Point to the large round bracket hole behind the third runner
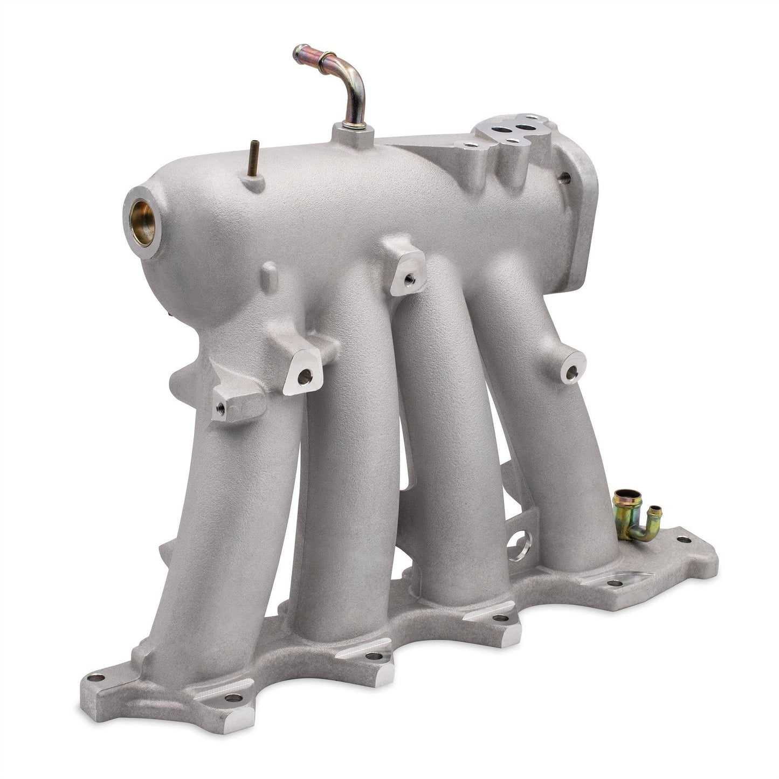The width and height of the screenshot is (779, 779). coord(520,540)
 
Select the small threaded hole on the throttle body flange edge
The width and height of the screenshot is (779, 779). coord(564,175)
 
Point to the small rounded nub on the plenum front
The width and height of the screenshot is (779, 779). coord(271,274)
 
